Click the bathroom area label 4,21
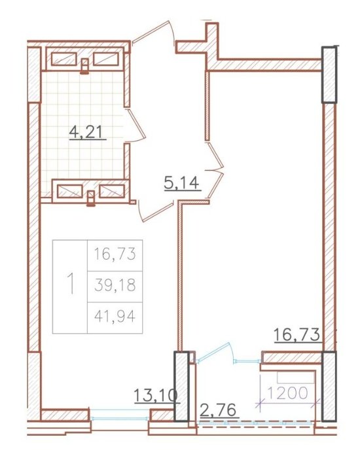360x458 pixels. [x=87, y=133]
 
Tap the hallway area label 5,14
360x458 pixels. [x=183, y=184]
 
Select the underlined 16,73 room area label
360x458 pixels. [x=297, y=334]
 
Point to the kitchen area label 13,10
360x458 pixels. [x=156, y=396]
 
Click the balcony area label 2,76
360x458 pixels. [x=218, y=410]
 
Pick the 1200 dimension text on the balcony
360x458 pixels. [x=287, y=393]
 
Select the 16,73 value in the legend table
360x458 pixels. [x=115, y=254]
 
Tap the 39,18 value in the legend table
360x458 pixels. [x=115, y=285]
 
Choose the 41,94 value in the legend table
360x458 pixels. [x=115, y=316]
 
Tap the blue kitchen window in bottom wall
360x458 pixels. [x=120, y=414]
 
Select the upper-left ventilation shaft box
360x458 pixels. [x=64, y=59]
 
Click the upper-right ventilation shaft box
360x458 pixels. [x=106, y=59]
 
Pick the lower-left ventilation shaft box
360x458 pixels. [x=70, y=191]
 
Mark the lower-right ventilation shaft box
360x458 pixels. [x=112, y=191]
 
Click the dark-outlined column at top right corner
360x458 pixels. [x=330, y=75]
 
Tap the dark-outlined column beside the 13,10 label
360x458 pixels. [x=182, y=386]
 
